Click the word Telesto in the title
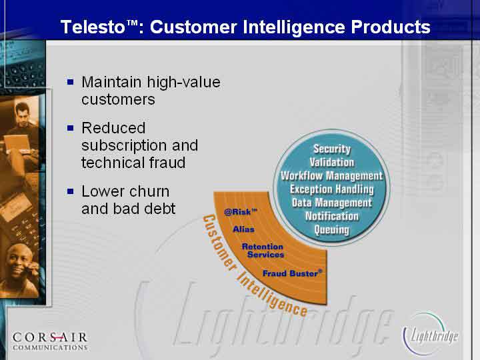[93, 27]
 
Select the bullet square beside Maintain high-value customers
[71, 82]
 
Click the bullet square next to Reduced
[71, 127]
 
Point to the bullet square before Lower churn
[71, 191]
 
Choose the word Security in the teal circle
[332, 149]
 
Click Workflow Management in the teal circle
[331, 176]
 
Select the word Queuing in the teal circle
[331, 229]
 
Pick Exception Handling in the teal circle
[332, 189]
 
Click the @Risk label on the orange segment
[240, 211]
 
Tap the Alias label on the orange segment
[243, 229]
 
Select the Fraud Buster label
[293, 273]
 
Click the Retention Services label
[263, 251]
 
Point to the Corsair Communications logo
[50, 341]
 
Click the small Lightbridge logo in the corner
[430, 334]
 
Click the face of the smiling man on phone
[19, 259]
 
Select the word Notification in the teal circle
[332, 216]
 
